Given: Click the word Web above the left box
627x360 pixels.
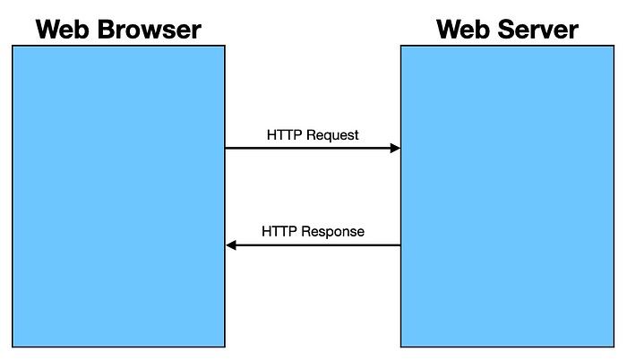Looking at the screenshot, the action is [62, 30].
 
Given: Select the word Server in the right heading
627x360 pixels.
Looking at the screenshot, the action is [537, 30].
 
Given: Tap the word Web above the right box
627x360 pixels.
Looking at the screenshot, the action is [463, 30].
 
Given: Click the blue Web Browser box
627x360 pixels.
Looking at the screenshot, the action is [119, 196].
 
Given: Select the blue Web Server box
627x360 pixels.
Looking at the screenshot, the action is [508, 196].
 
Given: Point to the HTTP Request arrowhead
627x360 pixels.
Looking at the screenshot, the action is [396, 148].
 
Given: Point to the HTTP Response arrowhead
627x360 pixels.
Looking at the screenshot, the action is [231, 244].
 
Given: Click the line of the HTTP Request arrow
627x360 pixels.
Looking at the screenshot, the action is [313, 148].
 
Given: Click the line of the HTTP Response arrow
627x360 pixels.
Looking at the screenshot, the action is [313, 244].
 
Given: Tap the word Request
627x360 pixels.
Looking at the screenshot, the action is [332, 135].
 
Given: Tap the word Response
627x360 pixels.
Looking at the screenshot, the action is [332, 232].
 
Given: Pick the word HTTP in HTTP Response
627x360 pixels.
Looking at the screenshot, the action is [279, 231].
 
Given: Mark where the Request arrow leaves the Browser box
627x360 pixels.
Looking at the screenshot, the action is [226, 148].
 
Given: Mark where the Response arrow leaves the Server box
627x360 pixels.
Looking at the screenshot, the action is [400, 244].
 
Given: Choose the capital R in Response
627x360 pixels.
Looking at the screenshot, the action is [305, 231].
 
